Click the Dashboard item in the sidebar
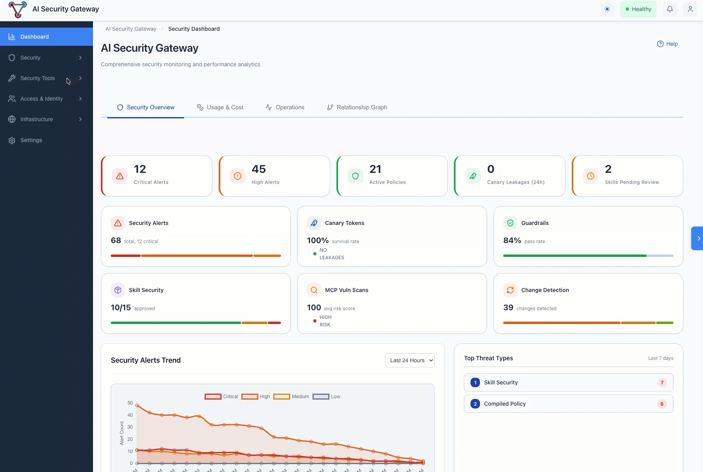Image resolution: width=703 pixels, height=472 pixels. coord(35,37)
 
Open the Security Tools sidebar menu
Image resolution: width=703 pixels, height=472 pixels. coord(38,78)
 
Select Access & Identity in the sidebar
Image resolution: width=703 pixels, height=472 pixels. coord(42,99)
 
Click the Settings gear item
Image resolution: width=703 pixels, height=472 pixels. coord(31,140)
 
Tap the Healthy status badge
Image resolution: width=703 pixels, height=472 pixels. coord(638,9)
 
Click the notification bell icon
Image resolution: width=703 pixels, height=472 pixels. coord(670,9)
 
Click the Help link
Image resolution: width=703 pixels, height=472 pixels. coord(668,44)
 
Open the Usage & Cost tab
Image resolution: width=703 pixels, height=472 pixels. coord(220,107)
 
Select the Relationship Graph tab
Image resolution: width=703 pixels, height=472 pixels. coord(357,107)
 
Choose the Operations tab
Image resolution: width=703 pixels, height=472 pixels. coord(285,107)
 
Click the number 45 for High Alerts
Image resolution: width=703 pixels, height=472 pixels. coord(259,169)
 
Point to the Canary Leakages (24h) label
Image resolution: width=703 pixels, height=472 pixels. coord(515,182)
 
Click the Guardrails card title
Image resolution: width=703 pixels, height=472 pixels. coord(535,223)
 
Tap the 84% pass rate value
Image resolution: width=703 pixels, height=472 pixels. coord(512,240)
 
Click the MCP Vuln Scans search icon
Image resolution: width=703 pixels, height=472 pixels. coord(314,290)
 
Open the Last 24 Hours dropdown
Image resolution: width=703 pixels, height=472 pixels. coord(409,360)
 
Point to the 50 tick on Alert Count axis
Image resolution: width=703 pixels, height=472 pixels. coord(130,403)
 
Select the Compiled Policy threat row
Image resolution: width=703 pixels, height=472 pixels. coord(568,404)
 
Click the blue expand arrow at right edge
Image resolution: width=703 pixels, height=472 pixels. coord(697,238)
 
